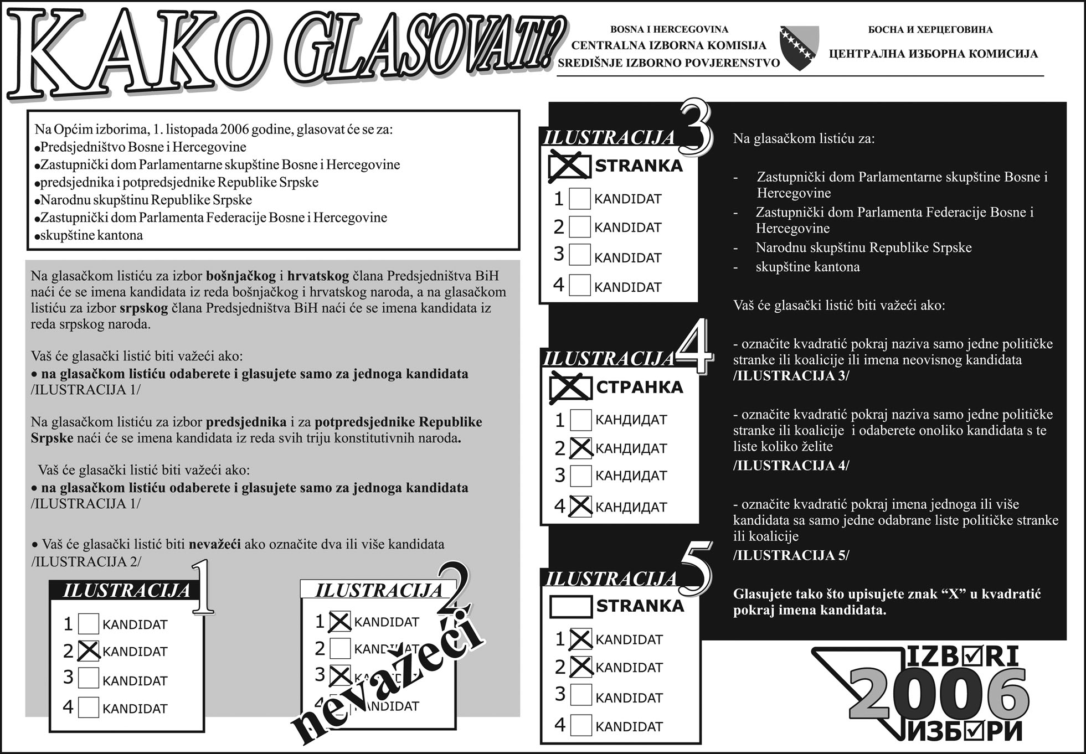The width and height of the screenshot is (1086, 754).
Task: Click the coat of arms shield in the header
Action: [799, 48]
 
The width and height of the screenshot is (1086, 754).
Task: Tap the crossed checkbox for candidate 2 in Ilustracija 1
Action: [89, 651]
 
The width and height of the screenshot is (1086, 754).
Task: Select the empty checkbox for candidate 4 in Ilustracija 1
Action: [89, 707]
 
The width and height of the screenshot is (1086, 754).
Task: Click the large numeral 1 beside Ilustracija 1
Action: [203, 588]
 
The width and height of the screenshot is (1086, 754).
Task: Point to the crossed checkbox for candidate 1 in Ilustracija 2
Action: [339, 622]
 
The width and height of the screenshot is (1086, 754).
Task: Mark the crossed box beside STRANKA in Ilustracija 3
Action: [569, 166]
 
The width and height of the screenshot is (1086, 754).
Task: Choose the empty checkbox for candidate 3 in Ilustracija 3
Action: [580, 255]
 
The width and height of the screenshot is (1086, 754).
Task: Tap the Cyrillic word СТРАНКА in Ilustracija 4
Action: [640, 387]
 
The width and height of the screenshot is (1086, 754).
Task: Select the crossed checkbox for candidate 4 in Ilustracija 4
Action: [580, 506]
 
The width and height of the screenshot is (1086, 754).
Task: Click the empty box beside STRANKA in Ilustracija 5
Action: [570, 606]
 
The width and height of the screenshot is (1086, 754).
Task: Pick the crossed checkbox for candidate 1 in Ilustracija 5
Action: [581, 639]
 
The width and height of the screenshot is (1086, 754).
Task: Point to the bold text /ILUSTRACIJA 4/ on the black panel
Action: [791, 466]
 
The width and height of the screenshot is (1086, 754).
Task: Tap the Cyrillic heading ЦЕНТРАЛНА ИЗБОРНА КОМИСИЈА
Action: [933, 54]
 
